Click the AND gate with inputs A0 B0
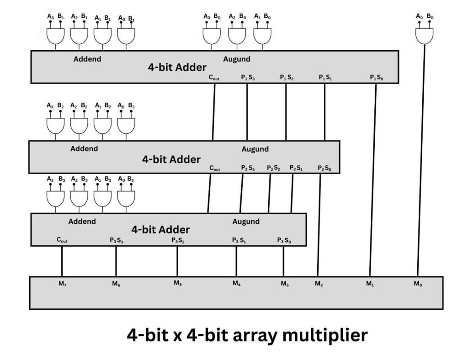pos(424,36)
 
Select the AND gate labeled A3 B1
pos(55,36)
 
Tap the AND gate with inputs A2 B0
pos(237,36)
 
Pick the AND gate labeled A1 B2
pos(102,125)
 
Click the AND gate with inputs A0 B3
pos(126,198)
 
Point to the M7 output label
pos(62,284)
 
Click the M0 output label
pos(418,284)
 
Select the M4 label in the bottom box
pos(236,284)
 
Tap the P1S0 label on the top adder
pos(377,78)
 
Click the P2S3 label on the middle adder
pos(248,168)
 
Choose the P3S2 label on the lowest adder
pos(178,240)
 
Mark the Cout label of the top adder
pos(214,78)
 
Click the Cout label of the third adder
pos(62,240)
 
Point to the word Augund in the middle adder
pos(255,149)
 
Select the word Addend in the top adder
pos(87,59)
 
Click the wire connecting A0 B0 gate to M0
pos(421,160)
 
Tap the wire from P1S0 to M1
pos(373,183)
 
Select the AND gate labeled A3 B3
pos(55,198)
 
